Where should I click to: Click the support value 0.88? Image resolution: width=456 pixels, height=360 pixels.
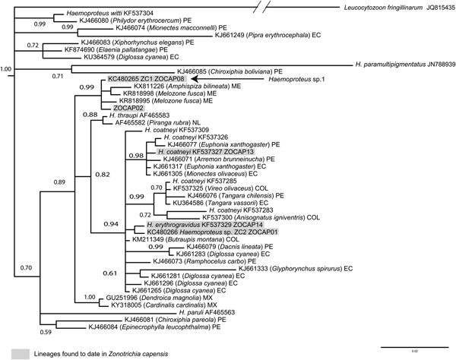90,115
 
